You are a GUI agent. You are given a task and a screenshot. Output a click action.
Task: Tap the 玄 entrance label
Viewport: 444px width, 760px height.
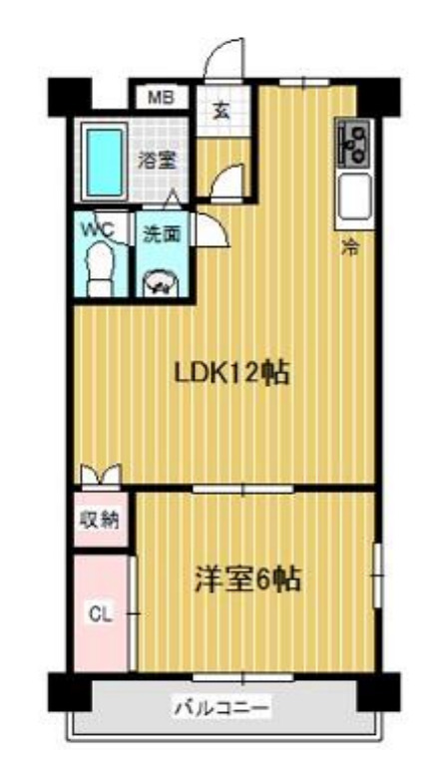click(220, 111)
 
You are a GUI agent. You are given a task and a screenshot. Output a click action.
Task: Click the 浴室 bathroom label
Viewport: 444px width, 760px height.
click(159, 159)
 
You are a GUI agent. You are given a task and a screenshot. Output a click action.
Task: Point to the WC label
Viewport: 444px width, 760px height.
click(101, 229)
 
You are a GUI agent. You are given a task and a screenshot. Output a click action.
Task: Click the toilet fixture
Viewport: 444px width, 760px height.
click(101, 267)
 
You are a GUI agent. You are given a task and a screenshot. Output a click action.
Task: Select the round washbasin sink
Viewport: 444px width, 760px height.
click(160, 283)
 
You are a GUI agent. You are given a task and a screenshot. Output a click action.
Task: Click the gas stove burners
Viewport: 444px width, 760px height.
click(354, 142)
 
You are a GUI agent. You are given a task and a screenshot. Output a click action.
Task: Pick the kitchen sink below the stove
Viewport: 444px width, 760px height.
click(354, 197)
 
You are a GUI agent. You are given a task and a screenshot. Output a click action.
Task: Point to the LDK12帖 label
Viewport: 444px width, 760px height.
click(231, 373)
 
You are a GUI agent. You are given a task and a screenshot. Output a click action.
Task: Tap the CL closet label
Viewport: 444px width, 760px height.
click(101, 612)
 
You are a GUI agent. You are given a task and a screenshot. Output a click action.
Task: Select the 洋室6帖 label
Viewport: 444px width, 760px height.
click(248, 578)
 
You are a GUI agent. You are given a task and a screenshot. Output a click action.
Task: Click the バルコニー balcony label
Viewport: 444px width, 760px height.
click(222, 708)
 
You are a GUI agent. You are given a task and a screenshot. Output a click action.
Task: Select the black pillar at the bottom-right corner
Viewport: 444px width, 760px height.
click(379, 690)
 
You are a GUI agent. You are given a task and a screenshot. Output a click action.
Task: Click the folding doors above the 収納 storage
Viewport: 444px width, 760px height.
click(100, 475)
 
